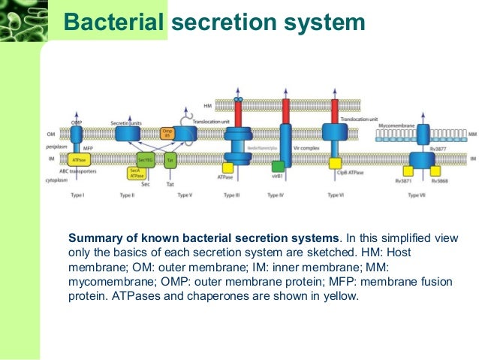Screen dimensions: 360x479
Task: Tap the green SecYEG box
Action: coord(146,159)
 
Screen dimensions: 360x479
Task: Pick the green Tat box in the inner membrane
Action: coord(170,159)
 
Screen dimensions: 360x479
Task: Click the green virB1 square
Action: coord(278,166)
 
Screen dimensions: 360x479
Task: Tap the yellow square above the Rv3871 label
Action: coord(410,171)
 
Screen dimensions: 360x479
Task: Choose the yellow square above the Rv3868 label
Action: coord(435,171)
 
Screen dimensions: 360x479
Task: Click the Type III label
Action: coord(233,195)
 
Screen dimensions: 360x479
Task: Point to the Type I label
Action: coord(77,195)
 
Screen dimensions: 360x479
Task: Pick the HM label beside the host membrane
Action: coord(207,106)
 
